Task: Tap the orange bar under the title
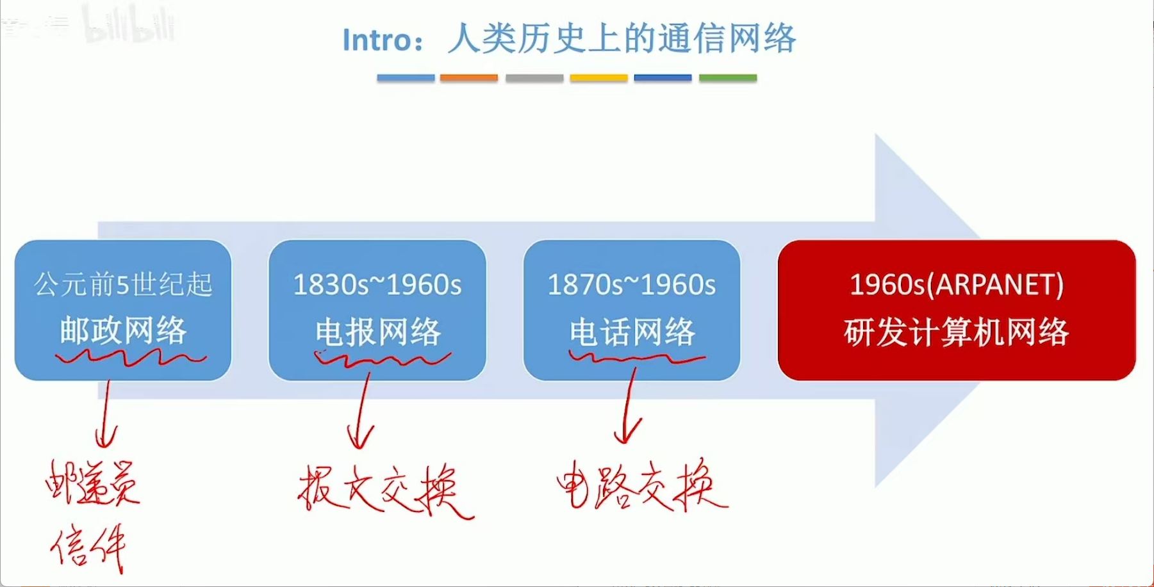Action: (468, 78)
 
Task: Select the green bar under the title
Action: (727, 78)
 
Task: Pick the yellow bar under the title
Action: (598, 78)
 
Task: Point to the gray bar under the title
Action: (534, 78)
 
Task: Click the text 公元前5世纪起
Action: (123, 284)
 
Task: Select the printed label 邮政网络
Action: (123, 330)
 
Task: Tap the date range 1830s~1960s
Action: (377, 285)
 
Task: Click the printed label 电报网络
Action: (377, 332)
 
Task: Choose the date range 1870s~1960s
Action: (631, 285)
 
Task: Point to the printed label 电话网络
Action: (632, 332)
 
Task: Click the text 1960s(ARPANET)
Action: (956, 285)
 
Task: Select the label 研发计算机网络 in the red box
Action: (956, 332)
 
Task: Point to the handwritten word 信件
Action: (89, 547)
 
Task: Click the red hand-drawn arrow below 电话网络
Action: (629, 406)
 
